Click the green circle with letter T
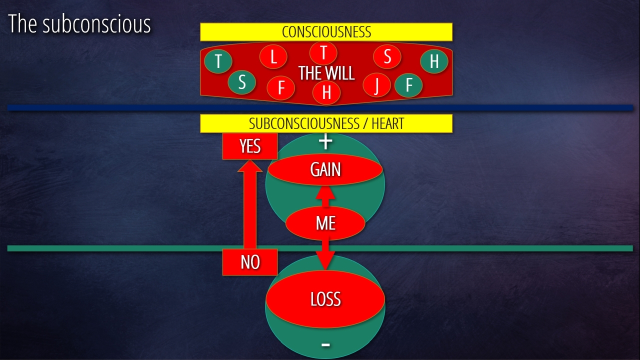[x=218, y=61]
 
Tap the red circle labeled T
[x=323, y=52]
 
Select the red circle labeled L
[x=273, y=57]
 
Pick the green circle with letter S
[x=242, y=82]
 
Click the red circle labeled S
[x=387, y=57]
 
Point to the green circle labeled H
[x=434, y=61]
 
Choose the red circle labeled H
[x=326, y=92]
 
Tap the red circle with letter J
[x=376, y=85]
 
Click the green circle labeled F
[x=409, y=85]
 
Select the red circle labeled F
[x=281, y=88]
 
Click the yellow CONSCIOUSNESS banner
[x=326, y=32]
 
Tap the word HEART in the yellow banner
[x=387, y=123]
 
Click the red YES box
[x=250, y=146]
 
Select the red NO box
[x=250, y=262]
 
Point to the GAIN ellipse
[x=325, y=170]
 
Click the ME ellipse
[x=325, y=223]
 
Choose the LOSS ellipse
[x=325, y=299]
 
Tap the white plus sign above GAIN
[x=325, y=142]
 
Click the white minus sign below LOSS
[x=325, y=344]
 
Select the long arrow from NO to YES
[x=250, y=207]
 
